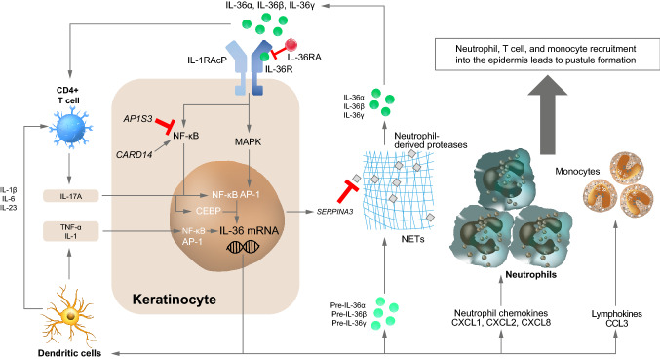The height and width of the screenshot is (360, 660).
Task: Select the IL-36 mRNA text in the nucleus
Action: (x=251, y=231)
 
